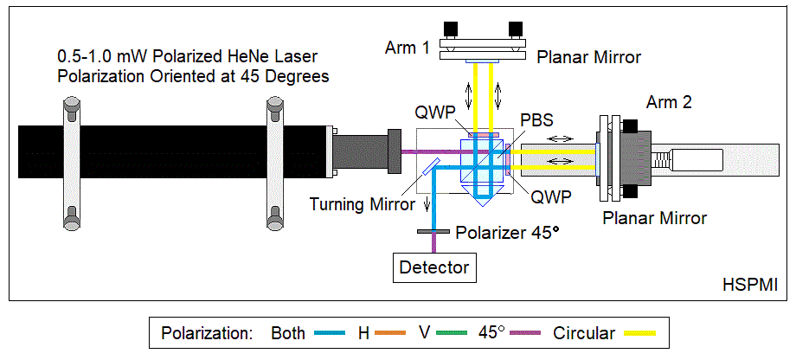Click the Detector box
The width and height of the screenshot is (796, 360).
433,267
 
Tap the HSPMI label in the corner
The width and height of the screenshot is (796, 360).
748,285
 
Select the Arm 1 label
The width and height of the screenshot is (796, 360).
408,48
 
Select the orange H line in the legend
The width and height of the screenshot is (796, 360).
398,333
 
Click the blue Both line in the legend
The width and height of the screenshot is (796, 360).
330,333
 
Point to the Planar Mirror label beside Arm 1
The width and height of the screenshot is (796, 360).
588,58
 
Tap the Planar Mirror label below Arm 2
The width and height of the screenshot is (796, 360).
655,217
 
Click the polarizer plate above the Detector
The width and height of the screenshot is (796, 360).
433,232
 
